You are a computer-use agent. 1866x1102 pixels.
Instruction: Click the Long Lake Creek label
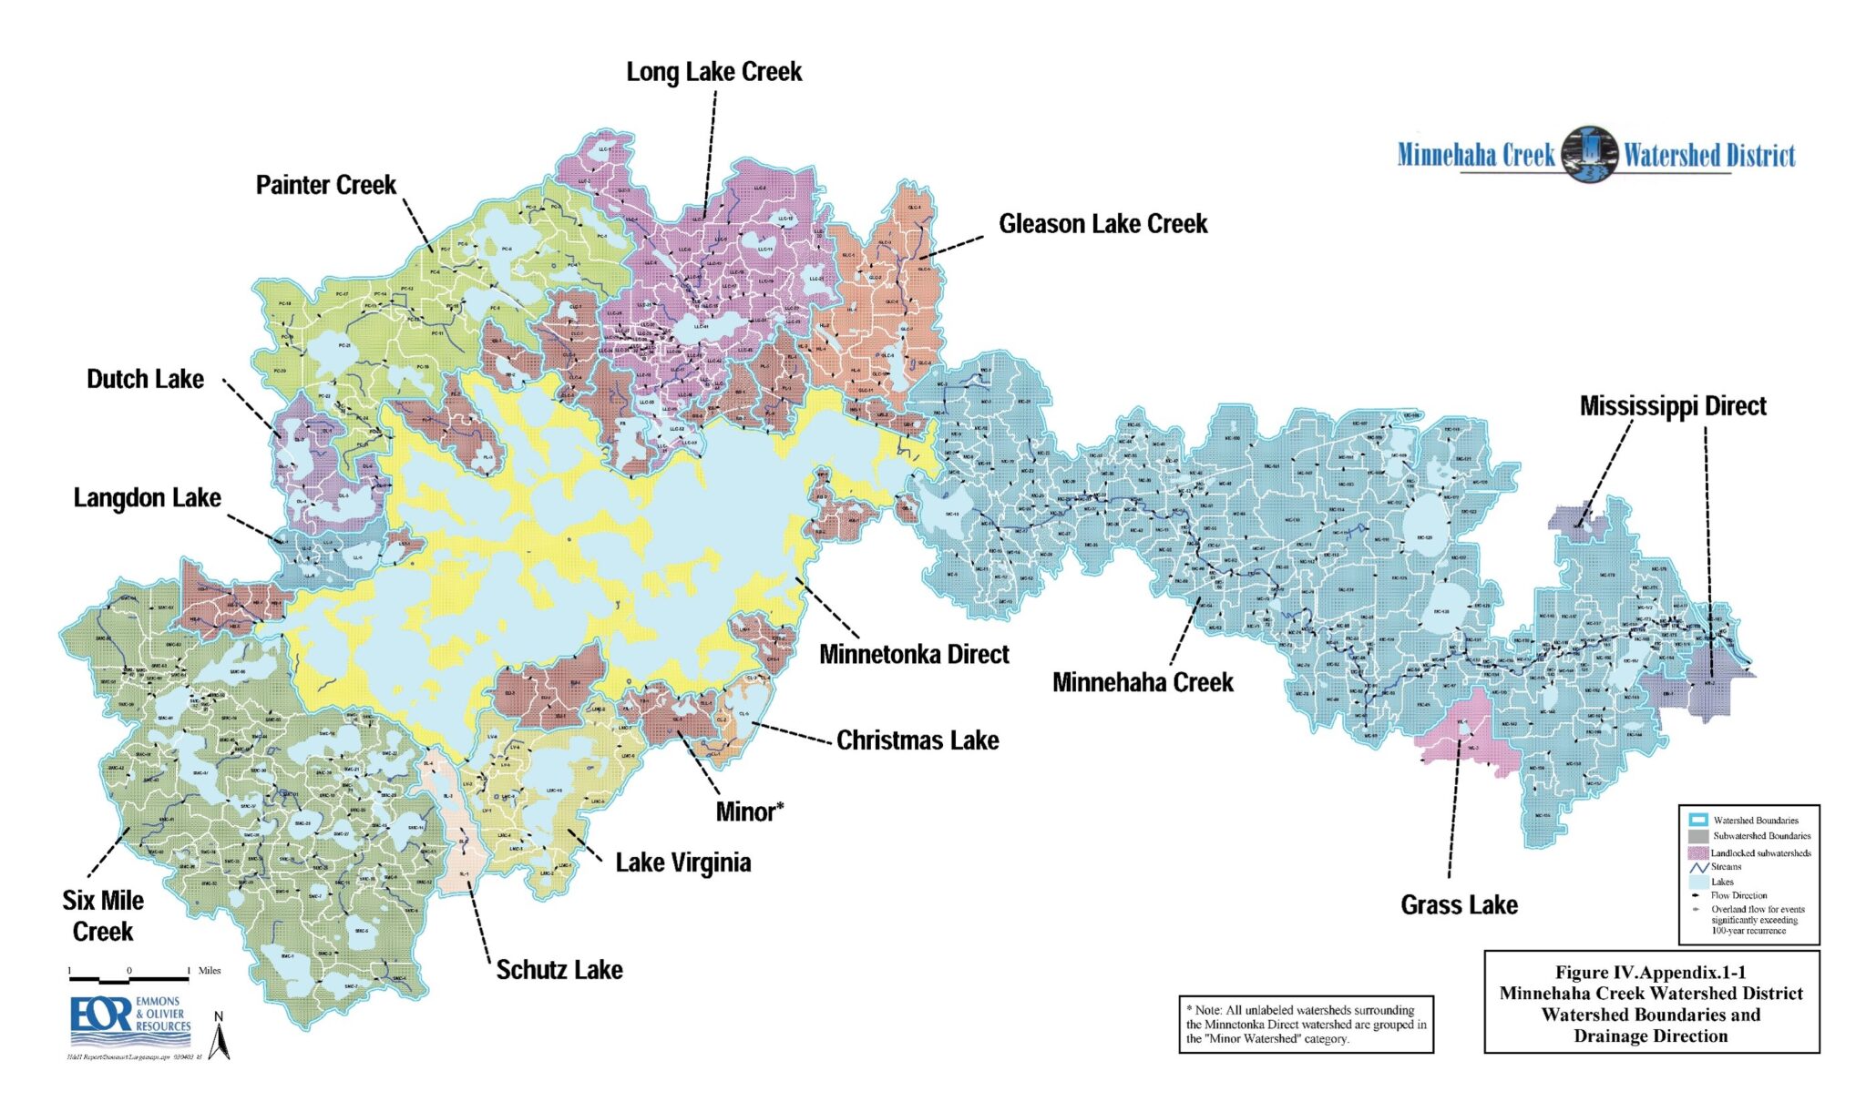[x=713, y=72]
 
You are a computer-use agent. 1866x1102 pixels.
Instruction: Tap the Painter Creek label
[x=325, y=186]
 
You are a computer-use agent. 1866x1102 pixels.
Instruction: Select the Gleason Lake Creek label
[x=1102, y=224]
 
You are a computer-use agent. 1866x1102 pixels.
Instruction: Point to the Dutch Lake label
[x=145, y=379]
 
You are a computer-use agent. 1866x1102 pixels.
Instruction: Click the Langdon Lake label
[x=147, y=498]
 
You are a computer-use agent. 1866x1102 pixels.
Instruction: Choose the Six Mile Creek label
[x=103, y=915]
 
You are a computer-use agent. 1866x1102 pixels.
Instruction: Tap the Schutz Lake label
[x=559, y=970]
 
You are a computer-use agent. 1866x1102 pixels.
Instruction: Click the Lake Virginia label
[x=682, y=862]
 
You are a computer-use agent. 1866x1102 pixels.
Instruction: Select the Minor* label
[x=749, y=811]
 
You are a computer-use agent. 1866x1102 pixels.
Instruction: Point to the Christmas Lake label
[x=917, y=740]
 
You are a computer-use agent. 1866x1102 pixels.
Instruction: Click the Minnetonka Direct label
[x=914, y=654]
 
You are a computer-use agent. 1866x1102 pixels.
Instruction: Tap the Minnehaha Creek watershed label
[x=1143, y=682]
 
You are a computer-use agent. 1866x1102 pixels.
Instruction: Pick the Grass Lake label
[x=1459, y=905]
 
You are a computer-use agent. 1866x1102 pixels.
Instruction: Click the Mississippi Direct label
[x=1672, y=406]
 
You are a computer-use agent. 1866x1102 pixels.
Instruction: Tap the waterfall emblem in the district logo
[x=1589, y=154]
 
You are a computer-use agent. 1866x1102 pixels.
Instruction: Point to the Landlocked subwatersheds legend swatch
[x=1697, y=853]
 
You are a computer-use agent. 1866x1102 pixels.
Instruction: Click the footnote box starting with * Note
[x=1306, y=1025]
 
